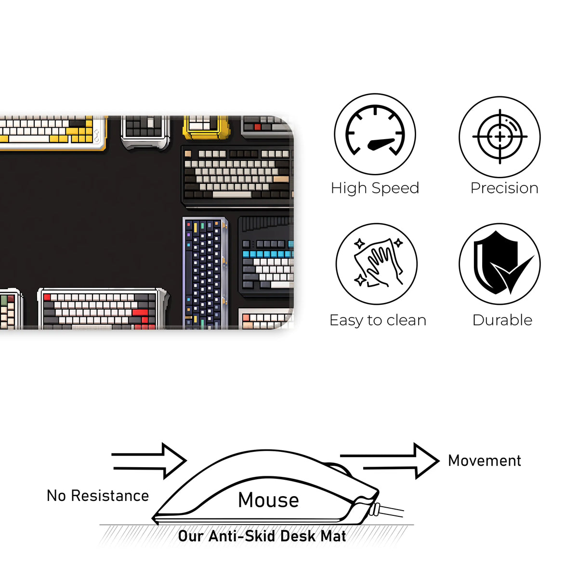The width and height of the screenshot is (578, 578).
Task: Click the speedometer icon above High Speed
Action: [x=375, y=134]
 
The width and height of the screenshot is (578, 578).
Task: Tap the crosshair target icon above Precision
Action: [x=499, y=137]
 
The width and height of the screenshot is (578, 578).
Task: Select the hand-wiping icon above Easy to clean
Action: [x=376, y=263]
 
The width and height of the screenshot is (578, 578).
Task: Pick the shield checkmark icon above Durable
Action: [x=499, y=263]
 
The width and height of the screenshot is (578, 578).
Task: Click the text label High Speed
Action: [x=375, y=188]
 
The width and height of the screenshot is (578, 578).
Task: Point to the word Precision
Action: [x=504, y=188]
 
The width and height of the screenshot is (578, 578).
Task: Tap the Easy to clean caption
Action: [x=378, y=320]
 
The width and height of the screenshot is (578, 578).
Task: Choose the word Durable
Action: [x=502, y=320]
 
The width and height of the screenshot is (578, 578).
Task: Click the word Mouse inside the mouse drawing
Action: [x=268, y=500]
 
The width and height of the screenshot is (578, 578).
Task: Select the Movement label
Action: [x=484, y=460]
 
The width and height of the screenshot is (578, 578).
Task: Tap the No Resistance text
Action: [x=98, y=496]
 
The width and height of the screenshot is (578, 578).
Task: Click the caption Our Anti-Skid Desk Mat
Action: [x=262, y=536]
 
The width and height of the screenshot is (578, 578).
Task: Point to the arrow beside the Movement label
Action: [x=390, y=461]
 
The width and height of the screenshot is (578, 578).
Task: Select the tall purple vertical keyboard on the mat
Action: [x=205, y=274]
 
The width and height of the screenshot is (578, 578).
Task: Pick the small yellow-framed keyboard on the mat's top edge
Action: [x=206, y=126]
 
